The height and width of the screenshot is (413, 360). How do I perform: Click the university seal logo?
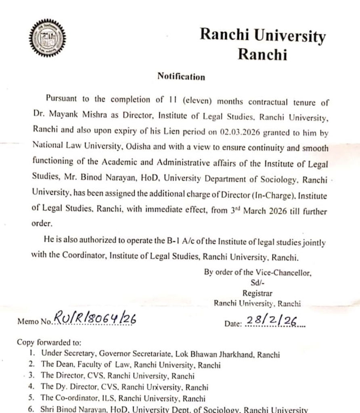coord(47,39)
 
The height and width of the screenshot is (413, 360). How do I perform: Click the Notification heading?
coord(181,76)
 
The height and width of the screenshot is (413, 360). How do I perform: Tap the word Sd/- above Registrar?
coord(257,283)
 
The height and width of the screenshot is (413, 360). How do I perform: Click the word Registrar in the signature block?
coord(257,293)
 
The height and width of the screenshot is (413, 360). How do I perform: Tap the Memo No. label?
coord(34,322)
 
